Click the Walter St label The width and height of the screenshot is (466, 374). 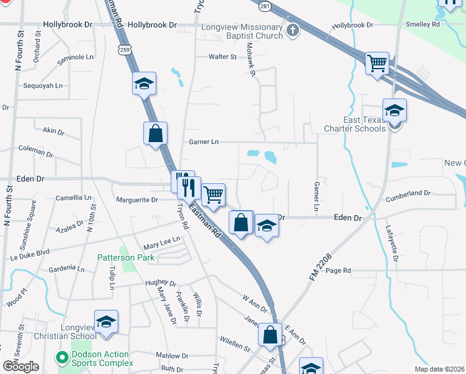pyautogui.click(x=222, y=57)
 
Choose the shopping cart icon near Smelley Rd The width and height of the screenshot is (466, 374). pyautogui.click(x=378, y=64)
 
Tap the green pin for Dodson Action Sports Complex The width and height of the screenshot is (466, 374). pyautogui.click(x=61, y=357)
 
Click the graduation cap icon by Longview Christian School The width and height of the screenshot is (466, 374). pyautogui.click(x=106, y=322)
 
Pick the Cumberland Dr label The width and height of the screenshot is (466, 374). pyautogui.click(x=408, y=193)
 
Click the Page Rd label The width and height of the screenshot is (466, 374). pyautogui.click(x=338, y=271)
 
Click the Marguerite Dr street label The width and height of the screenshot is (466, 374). pyautogui.click(x=137, y=200)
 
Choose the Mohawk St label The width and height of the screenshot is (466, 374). pyautogui.click(x=250, y=60)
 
